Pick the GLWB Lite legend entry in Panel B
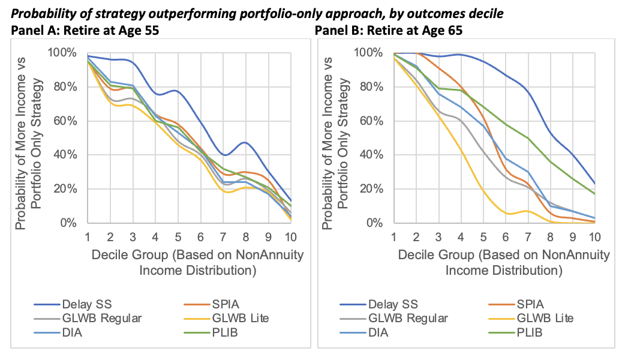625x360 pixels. (x=534, y=318)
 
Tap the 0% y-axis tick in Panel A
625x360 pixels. (x=68, y=223)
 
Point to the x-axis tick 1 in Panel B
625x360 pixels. (x=394, y=236)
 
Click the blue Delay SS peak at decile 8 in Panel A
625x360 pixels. (x=244, y=143)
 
